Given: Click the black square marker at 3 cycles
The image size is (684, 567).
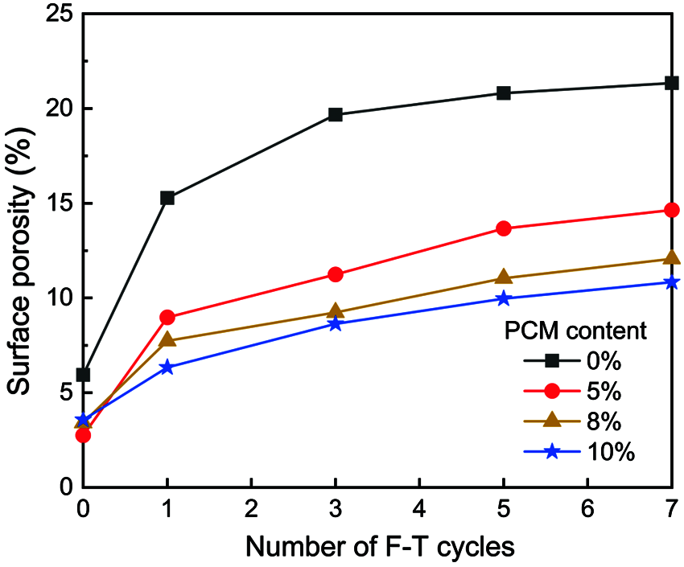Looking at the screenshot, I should (336, 115).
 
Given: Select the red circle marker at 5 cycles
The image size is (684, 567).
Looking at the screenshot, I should (504, 228).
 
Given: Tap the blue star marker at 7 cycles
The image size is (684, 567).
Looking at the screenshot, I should (672, 282).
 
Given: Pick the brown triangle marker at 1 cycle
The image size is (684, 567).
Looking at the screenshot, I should (167, 339).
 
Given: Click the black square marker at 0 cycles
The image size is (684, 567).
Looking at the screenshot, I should (83, 375).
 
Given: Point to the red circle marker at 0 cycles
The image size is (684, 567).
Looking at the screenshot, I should (83, 435).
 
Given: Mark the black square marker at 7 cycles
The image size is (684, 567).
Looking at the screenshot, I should (672, 83).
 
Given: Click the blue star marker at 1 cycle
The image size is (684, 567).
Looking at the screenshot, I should (167, 367).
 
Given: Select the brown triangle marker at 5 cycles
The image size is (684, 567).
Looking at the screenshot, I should (504, 277).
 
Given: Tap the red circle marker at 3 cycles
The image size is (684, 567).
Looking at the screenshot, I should (336, 274).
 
